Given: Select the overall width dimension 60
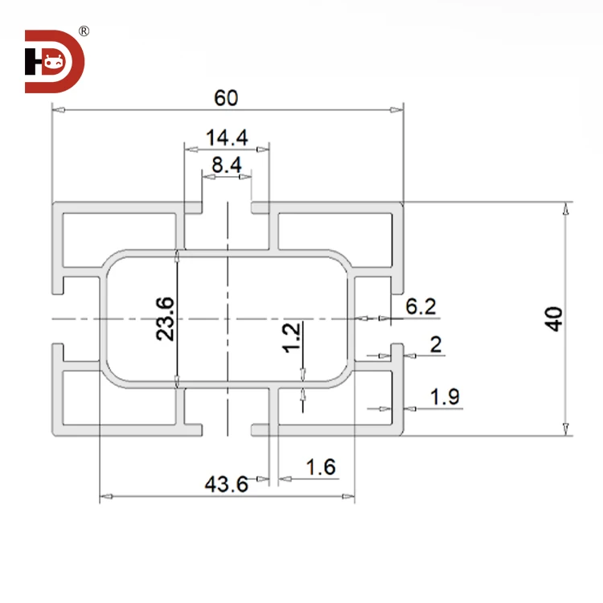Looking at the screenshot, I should (226, 98).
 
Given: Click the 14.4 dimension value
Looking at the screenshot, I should (226, 137).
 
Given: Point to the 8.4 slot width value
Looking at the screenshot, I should (227, 166).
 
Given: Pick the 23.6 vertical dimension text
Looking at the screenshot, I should (166, 318).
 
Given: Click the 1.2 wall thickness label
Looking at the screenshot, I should (293, 337).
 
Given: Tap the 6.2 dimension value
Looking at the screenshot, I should (421, 306).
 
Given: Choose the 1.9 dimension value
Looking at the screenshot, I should (445, 396).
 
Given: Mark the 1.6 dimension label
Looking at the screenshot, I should (320, 467).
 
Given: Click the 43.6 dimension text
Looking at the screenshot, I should (226, 484).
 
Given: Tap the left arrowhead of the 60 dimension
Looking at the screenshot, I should (57, 109).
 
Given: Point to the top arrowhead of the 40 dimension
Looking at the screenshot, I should (565, 208).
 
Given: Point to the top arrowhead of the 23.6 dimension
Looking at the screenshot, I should (178, 255).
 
